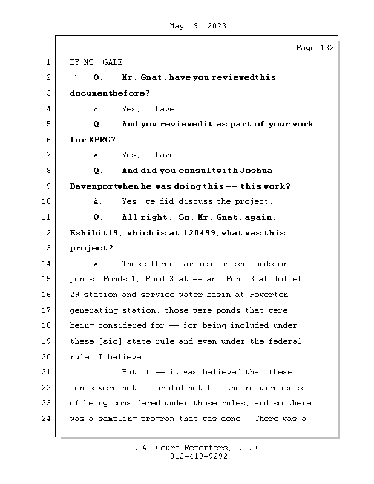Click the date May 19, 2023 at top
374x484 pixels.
198,26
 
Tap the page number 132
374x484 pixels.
326,48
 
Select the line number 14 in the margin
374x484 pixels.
47,264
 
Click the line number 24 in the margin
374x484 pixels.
47,418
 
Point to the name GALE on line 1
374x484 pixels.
115,62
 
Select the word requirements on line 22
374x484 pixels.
274,387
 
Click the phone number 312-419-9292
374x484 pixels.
198,457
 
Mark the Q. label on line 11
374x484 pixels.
99,217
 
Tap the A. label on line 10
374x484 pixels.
99,201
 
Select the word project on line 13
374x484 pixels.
88,248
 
